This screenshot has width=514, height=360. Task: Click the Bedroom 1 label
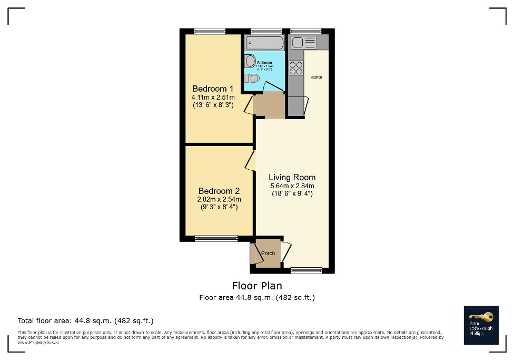click(x=213, y=89)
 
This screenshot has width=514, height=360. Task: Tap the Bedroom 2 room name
click(x=219, y=191)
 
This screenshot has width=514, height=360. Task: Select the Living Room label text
click(x=292, y=177)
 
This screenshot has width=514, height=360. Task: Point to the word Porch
click(x=268, y=254)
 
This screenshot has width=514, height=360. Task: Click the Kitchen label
click(x=316, y=77)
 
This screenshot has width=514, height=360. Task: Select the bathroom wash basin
click(x=250, y=61)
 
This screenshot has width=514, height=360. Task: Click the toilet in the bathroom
click(x=252, y=79)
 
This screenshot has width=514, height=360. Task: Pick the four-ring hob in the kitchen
click(x=296, y=68)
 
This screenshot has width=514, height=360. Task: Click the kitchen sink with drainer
click(x=303, y=42)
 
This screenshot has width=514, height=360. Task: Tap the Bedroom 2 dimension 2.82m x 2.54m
click(x=219, y=199)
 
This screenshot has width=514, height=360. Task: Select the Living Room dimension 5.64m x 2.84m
click(x=292, y=186)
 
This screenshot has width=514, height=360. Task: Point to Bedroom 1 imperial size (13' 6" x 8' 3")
click(x=213, y=105)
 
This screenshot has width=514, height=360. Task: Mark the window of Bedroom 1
click(x=210, y=31)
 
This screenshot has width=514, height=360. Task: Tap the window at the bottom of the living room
click(x=306, y=271)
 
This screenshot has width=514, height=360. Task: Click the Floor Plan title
click(x=257, y=286)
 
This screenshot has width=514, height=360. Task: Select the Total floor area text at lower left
click(x=85, y=320)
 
